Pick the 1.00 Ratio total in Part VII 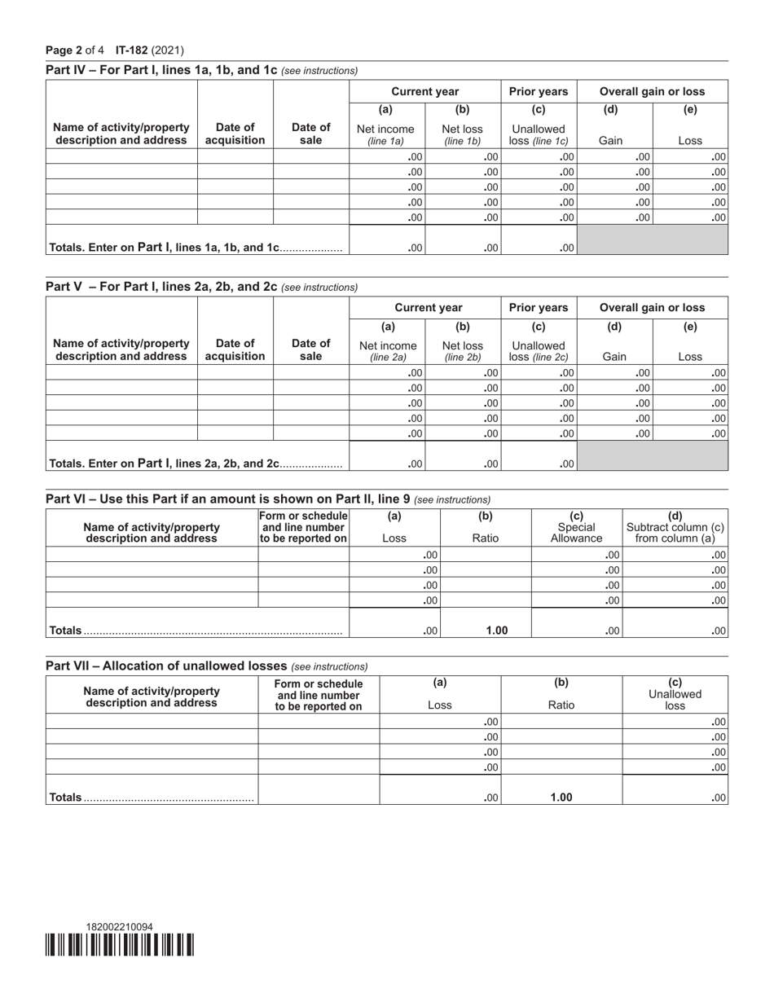pyautogui.click(x=561, y=798)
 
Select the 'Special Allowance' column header pyautogui.click(x=576, y=533)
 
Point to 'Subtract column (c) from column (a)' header pyautogui.click(x=675, y=532)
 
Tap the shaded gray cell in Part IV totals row pyautogui.click(x=652, y=240)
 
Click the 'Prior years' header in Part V pyautogui.click(x=539, y=307)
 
